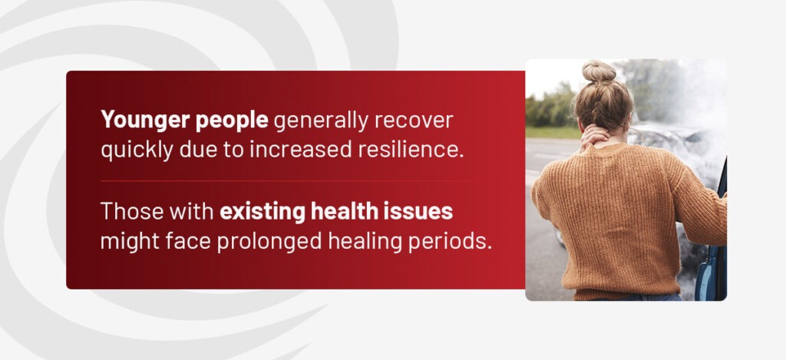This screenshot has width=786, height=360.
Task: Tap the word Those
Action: coord(131,211)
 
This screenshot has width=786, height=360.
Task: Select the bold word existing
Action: coord(263,212)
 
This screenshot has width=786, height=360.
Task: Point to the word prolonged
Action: coord(269,242)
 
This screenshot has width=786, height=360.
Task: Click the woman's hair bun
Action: coord(599,71)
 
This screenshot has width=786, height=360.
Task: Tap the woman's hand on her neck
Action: coord(595,137)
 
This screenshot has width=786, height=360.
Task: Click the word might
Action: coord(130,242)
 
